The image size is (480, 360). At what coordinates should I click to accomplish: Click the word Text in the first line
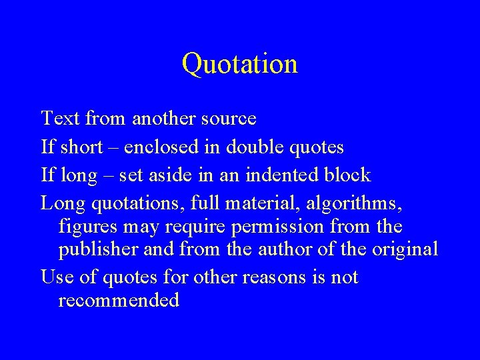pos(61,119)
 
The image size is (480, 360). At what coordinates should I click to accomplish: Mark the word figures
pos(89,227)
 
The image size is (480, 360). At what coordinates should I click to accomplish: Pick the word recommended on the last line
pos(119,300)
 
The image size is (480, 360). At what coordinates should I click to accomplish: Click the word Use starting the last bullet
pos(55,276)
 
